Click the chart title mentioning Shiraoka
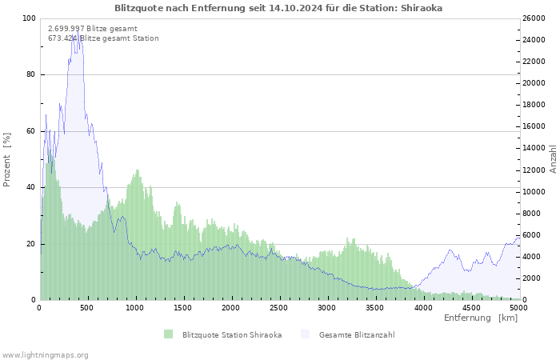278,8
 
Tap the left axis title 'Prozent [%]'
8,159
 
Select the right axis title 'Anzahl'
553,159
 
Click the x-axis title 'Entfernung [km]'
480,318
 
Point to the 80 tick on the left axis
30,75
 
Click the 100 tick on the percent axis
29,18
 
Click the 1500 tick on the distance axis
183,307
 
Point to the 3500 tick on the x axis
374,307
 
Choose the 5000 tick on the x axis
518,307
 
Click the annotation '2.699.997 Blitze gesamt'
92,29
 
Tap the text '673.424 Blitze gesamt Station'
103,38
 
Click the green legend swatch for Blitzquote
168,334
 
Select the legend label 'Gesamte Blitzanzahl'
357,334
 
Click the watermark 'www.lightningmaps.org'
46,354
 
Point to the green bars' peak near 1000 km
138,170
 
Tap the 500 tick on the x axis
88,307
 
